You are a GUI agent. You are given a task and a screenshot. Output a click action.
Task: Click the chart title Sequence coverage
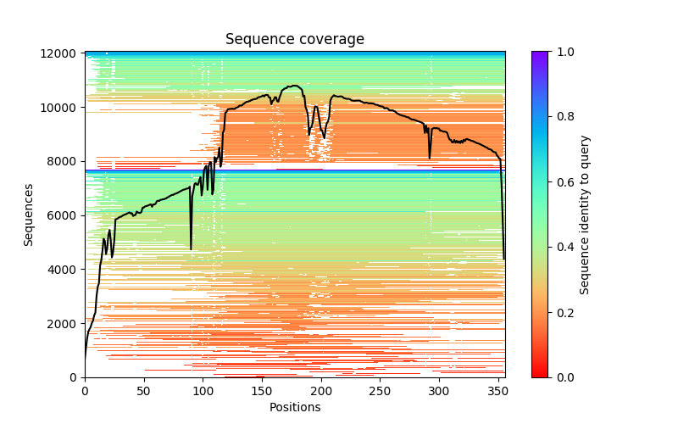click(294, 40)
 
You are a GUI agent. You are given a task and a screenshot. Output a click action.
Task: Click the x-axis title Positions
click(294, 407)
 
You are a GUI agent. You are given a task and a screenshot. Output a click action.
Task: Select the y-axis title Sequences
click(29, 215)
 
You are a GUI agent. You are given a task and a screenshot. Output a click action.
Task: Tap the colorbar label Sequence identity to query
click(585, 215)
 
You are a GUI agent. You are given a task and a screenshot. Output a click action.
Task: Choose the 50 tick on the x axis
click(144, 391)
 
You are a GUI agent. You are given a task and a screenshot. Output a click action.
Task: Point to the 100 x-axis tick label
click(203, 391)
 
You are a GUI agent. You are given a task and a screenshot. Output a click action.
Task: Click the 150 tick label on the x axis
click(262, 391)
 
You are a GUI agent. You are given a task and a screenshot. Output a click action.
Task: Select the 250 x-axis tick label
click(380, 391)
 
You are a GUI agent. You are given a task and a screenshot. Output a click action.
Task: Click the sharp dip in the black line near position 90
click(191, 248)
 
